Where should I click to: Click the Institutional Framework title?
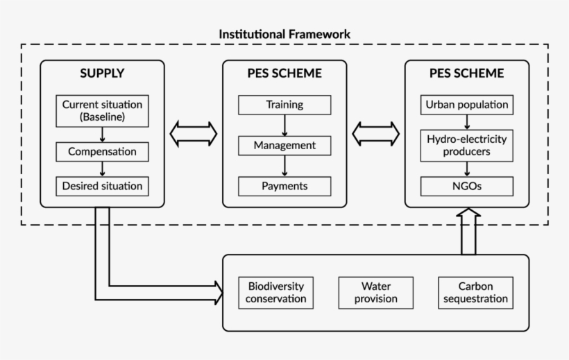(284, 33)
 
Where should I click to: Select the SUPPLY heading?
(102, 73)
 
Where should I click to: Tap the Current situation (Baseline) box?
(103, 111)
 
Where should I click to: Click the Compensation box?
(103, 151)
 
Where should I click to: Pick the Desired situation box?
(103, 186)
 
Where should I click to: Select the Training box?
(284, 105)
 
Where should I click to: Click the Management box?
(284, 146)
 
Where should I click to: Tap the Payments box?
(284, 186)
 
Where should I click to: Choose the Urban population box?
(467, 105)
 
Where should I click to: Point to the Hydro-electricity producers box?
(467, 146)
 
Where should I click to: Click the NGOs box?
(467, 186)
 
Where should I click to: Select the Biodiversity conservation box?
(275, 292)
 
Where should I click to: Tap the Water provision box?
(375, 292)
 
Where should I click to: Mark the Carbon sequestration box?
(475, 292)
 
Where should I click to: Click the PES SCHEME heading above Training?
(284, 73)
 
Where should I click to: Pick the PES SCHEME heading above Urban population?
(467, 73)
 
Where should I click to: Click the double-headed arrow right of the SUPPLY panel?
(194, 134)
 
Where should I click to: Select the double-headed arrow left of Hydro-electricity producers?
(376, 134)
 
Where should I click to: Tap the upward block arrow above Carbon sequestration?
(467, 232)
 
